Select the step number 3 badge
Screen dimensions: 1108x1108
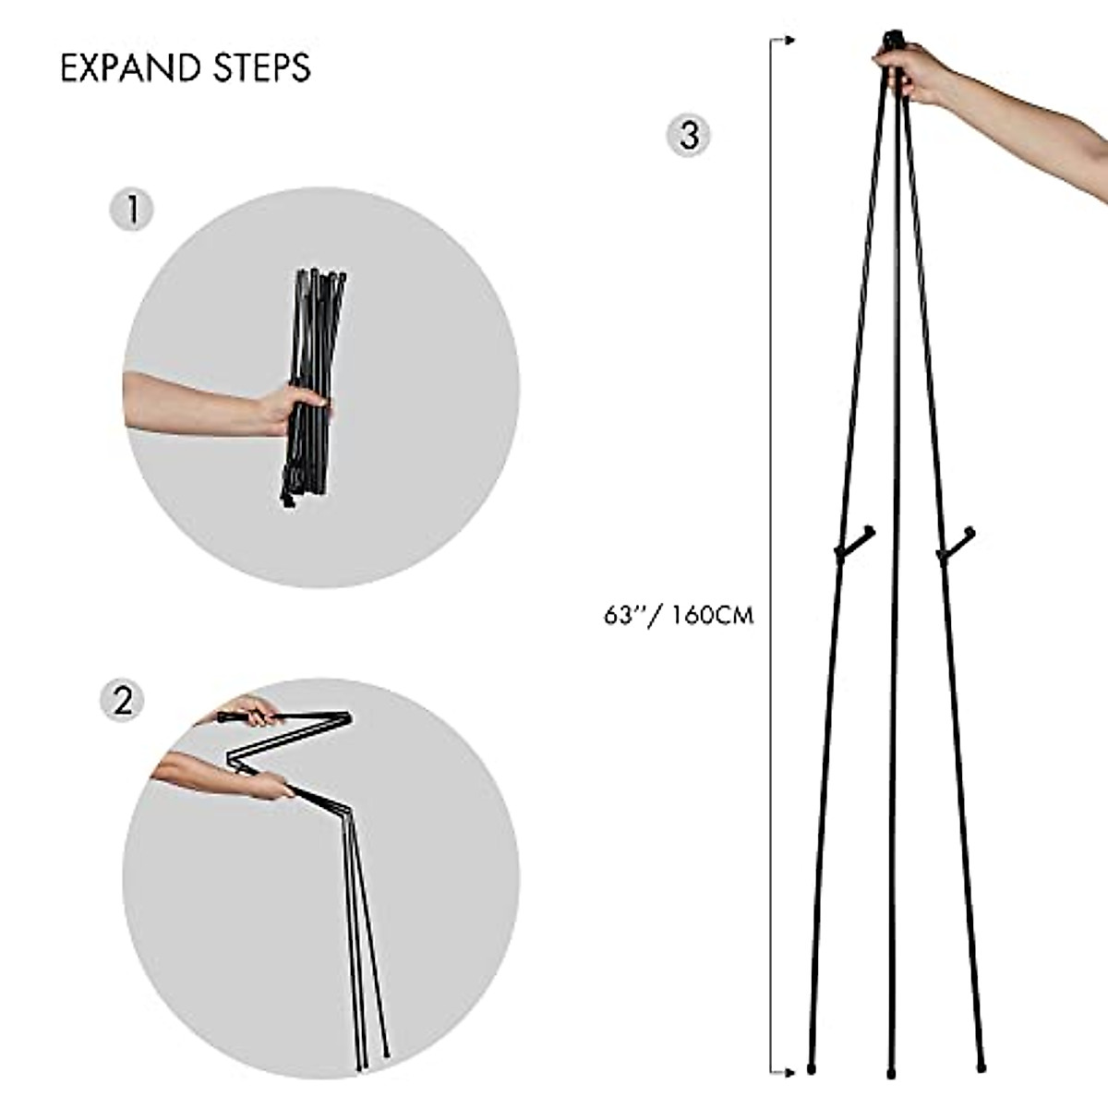coord(689,135)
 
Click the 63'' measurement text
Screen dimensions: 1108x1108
coord(620,615)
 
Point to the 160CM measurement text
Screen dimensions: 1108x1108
coord(712,615)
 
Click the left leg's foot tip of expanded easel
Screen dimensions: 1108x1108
coord(812,1069)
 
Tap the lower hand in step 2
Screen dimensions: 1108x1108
coord(263,785)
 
